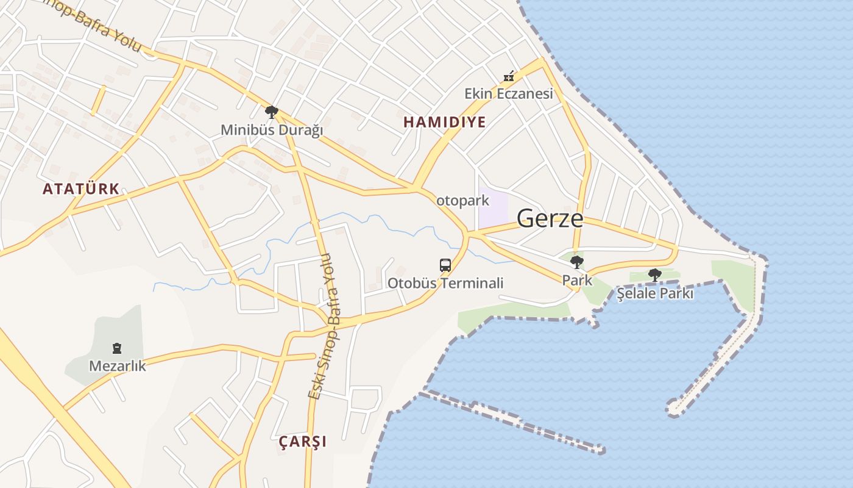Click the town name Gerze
coord(550,218)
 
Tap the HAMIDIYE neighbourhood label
coord(445,122)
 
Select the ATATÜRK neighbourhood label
coord(81,188)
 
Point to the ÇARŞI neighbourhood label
coord(302,441)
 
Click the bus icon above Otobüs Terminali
coord(445,265)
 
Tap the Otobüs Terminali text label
coord(445,283)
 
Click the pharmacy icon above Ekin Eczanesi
coord(509,77)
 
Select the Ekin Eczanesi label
coord(509,93)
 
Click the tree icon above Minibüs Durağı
coord(272,112)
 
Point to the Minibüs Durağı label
coord(272,130)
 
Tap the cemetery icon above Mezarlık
coord(117,348)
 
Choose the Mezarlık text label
coord(118,366)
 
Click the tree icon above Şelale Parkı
coord(655,275)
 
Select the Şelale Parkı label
coord(655,293)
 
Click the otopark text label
coord(462,200)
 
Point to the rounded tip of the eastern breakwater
coord(674,407)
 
